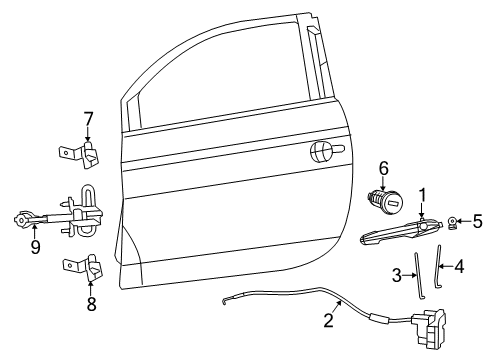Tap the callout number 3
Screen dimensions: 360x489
pyautogui.click(x=396, y=274)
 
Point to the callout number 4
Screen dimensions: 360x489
pyautogui.click(x=459, y=267)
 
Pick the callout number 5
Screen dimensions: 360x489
pyautogui.click(x=477, y=221)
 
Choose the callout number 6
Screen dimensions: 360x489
pyautogui.click(x=382, y=168)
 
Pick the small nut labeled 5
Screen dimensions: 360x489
pyautogui.click(x=453, y=222)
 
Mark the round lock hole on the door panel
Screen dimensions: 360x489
pyautogui.click(x=322, y=151)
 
